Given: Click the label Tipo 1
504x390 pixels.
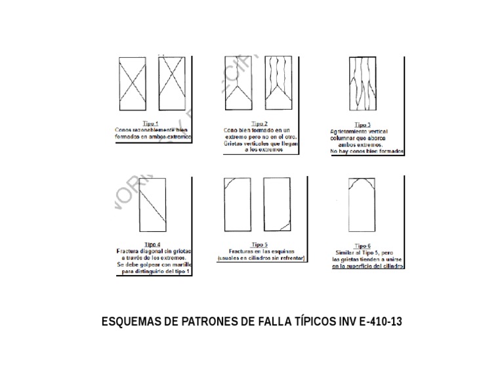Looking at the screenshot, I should click(150, 123).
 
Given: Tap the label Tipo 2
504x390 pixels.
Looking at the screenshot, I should click(259, 123).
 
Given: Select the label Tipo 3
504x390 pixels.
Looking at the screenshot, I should click(362, 125).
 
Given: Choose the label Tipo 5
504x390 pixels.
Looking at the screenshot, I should click(259, 244).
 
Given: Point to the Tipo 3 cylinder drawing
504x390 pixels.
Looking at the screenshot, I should click(362, 85).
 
